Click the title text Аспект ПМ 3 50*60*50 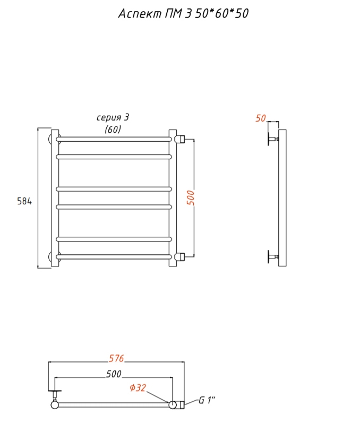pos(183,13)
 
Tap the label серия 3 pos(113,118)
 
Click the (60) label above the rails pos(113,130)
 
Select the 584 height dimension pos(24,201)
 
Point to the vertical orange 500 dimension pos(191,198)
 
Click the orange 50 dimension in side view pos(261,118)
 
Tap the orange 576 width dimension pos(116,358)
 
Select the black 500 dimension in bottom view pos(114,374)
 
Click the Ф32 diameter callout pos(138,387)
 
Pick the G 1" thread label pos(207,400)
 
